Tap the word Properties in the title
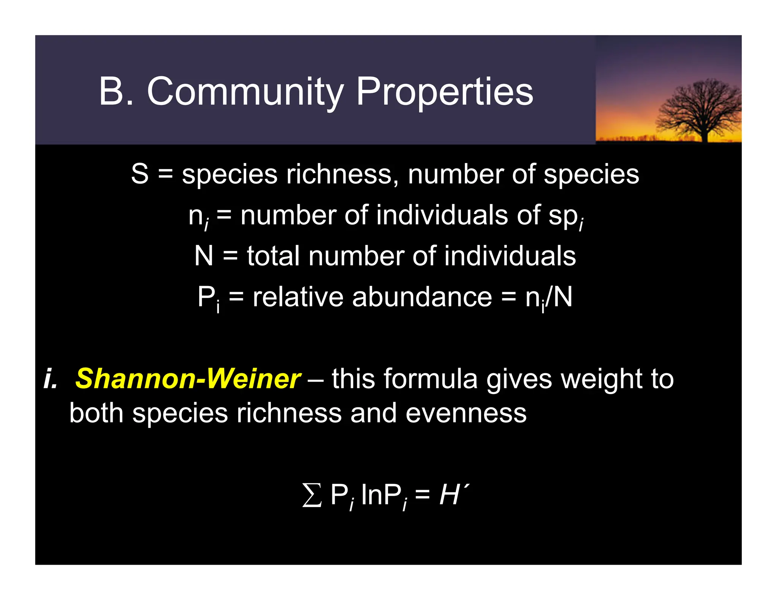445,92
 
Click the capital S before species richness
140,174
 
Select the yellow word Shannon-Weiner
188,379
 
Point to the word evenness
466,413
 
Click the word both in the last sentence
96,413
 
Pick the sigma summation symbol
312,495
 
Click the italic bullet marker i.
50,379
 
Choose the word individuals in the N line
510,256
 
